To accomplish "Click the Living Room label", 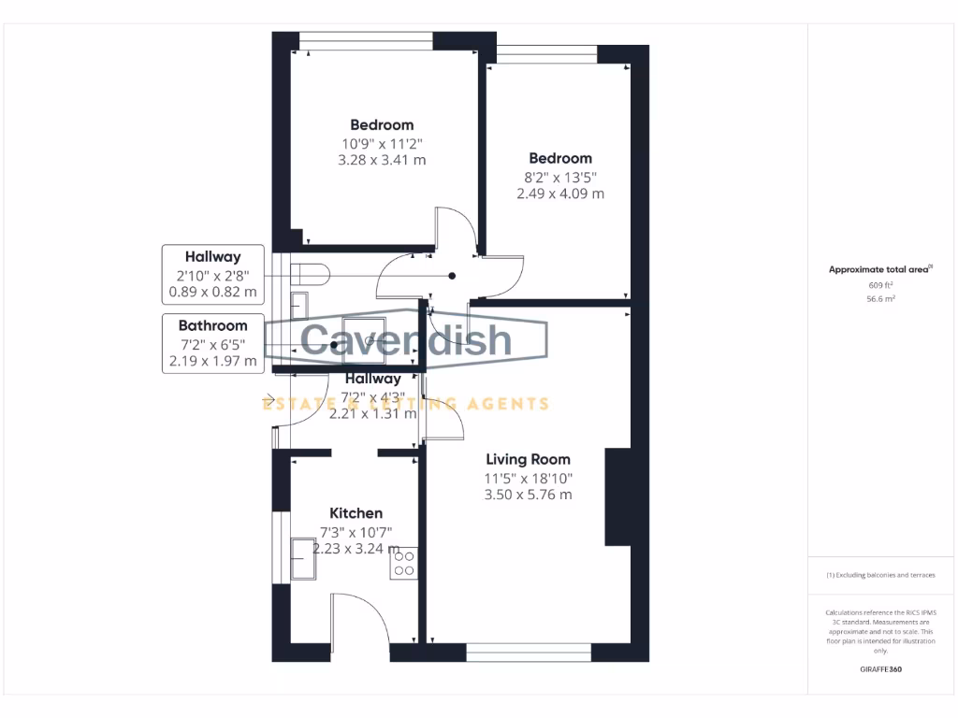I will point(528,459).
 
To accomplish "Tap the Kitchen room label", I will point(356,513).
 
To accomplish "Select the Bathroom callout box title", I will point(212,325).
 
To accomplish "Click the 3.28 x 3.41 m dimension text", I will point(382,160).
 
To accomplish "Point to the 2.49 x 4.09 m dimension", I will point(560,194).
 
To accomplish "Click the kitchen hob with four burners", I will point(404,562).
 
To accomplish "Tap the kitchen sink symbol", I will point(305,559).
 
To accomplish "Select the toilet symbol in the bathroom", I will point(309,273).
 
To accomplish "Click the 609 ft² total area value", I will point(881,284).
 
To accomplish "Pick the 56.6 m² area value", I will point(881,299).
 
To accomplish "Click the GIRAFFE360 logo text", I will point(881,669).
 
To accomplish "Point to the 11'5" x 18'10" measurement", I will point(528,478).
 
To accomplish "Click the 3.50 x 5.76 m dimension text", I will point(528,495).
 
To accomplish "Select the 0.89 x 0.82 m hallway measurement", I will point(212,292).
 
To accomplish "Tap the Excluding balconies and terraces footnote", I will point(880,575).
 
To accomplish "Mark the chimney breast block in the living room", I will point(617,496).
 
